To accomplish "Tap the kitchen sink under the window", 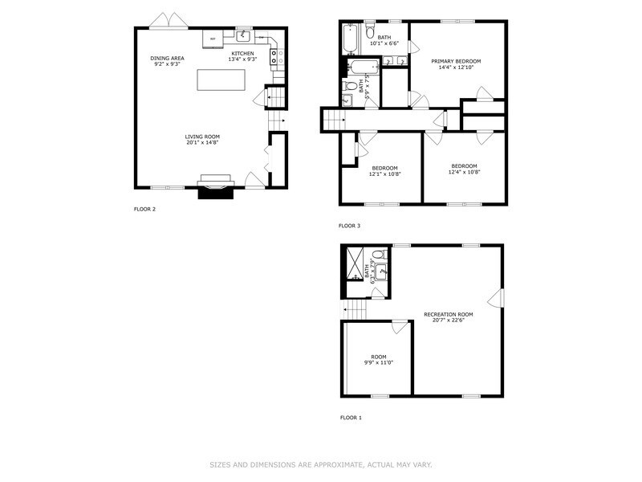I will click(x=244, y=36).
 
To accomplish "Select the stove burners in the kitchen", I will click(x=274, y=56).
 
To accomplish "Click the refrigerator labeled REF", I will click(x=213, y=39).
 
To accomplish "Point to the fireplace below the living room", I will click(x=217, y=187).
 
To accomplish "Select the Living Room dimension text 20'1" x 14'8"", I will click(x=202, y=142).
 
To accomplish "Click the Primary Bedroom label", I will click(x=456, y=61).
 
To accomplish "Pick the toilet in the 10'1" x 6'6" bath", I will click(x=370, y=33).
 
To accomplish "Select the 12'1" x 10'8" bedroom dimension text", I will click(x=384, y=174).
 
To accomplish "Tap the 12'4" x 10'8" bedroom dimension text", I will click(x=464, y=171).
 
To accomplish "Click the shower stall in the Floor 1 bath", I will click(x=354, y=263).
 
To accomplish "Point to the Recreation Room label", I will click(x=449, y=314).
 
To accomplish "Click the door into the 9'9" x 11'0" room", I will click(x=399, y=326).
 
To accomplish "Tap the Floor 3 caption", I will click(x=349, y=226).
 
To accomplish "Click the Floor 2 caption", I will click(x=144, y=209).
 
